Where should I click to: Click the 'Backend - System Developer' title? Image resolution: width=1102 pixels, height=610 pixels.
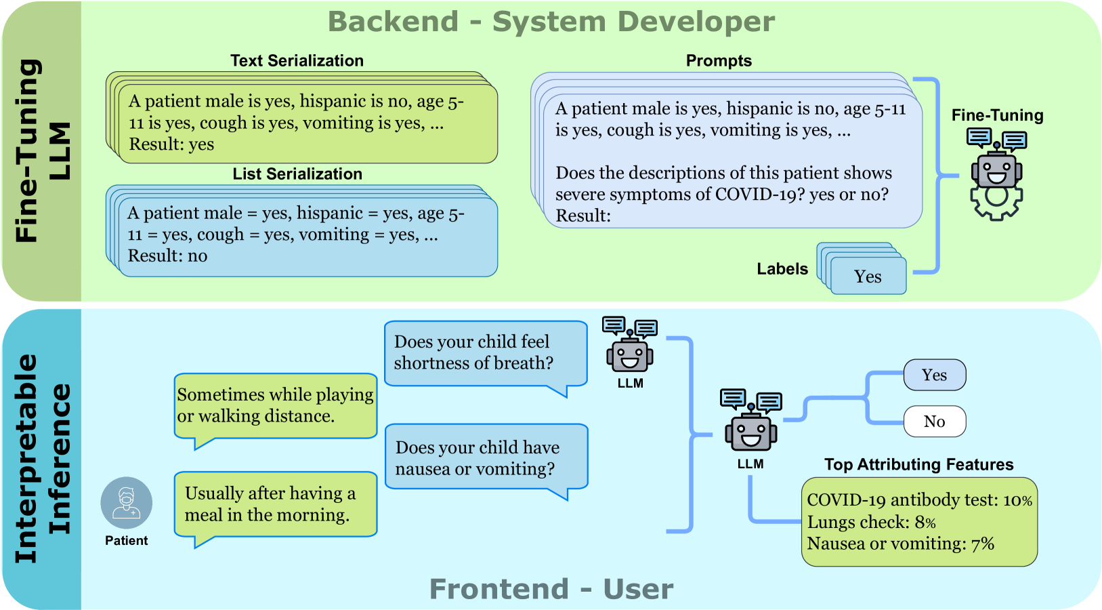pyautogui.click(x=551, y=22)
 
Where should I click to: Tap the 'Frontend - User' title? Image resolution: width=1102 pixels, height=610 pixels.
pyautogui.click(x=551, y=589)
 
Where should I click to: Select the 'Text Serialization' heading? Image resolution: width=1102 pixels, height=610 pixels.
pyautogui.click(x=297, y=61)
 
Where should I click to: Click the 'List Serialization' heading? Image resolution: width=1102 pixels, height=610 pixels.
pyautogui.click(x=297, y=174)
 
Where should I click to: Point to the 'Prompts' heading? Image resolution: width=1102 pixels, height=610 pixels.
pyautogui.click(x=719, y=61)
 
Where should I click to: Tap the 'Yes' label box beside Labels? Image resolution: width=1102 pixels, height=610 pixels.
pyautogui.click(x=868, y=277)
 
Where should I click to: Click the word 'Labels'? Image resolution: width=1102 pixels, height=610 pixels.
pyautogui.click(x=782, y=269)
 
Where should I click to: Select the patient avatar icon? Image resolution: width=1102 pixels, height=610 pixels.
pyautogui.click(x=127, y=503)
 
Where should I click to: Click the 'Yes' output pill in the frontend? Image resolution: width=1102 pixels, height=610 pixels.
pyautogui.click(x=935, y=375)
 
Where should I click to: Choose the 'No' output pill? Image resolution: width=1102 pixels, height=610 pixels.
pyautogui.click(x=935, y=422)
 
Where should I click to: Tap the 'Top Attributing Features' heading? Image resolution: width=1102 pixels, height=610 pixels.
pyautogui.click(x=918, y=464)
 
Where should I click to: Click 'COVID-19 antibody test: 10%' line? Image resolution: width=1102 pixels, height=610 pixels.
pyautogui.click(x=919, y=500)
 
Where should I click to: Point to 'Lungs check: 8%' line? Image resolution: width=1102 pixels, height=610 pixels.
pyautogui.click(x=871, y=523)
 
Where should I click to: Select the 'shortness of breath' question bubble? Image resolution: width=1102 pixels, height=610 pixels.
pyautogui.click(x=485, y=353)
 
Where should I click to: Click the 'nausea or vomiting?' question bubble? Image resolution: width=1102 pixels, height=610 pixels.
pyautogui.click(x=485, y=457)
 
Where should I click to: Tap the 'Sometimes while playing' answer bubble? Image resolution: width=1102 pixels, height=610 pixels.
pyautogui.click(x=275, y=405)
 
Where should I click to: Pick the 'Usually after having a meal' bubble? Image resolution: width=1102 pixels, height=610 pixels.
pyautogui.click(x=275, y=504)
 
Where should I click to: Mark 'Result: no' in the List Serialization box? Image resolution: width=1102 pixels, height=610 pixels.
pyautogui.click(x=168, y=256)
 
